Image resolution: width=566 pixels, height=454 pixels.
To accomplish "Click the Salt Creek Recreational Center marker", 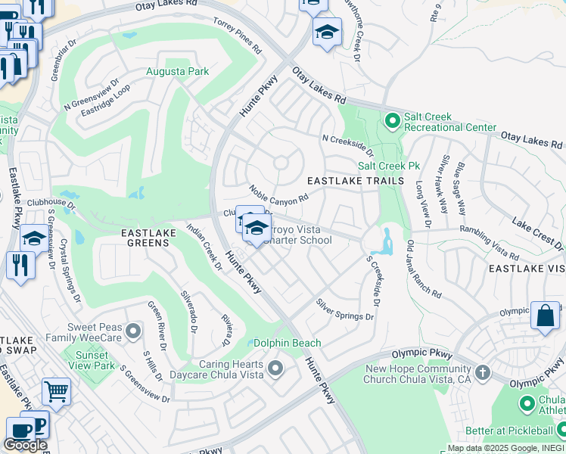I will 392,120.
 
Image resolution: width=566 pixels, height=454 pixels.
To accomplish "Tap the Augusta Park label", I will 178,72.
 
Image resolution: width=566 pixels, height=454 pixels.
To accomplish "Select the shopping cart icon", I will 55,392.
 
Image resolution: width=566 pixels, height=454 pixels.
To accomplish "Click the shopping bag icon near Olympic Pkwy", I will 545,316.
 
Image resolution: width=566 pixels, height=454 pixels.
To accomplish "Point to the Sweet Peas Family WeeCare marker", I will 134,331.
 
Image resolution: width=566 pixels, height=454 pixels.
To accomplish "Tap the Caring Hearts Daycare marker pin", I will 275,368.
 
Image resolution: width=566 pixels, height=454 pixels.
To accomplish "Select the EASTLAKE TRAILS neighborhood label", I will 348,181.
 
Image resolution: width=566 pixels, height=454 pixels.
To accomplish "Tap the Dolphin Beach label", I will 288,343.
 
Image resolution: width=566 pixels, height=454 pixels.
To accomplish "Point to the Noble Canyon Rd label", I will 279,194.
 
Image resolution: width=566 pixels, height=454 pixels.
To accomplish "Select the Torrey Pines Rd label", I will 237,36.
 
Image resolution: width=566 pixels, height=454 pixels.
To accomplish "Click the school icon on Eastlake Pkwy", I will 33,238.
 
